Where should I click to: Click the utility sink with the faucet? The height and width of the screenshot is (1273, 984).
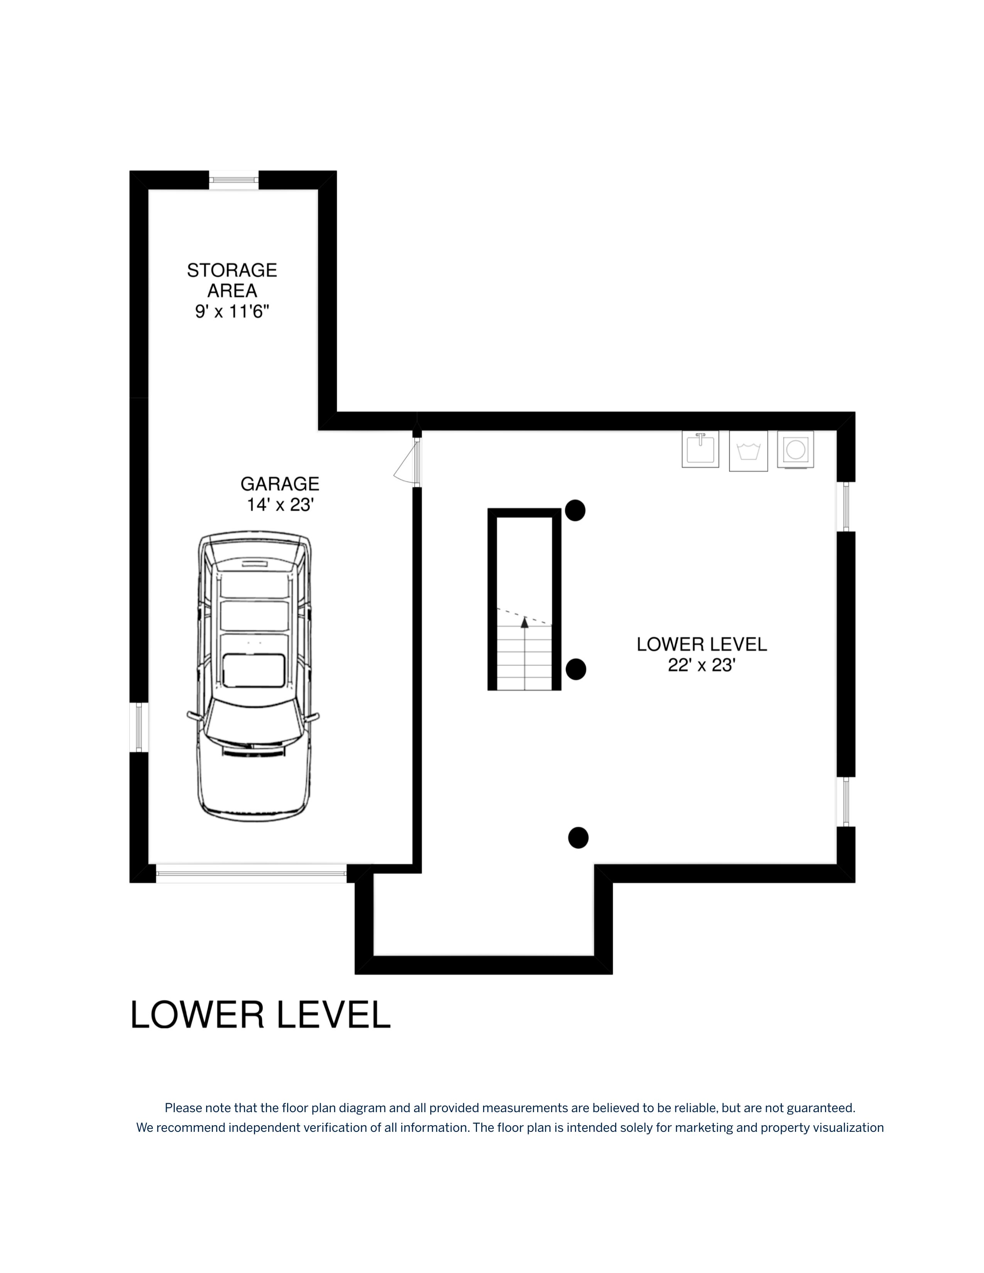point(700,449)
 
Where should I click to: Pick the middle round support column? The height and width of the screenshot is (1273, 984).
point(576,669)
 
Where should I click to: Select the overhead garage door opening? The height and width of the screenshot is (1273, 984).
point(251,873)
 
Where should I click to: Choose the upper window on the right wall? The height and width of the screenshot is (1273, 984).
point(846,506)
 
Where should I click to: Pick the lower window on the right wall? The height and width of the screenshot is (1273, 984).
point(846,802)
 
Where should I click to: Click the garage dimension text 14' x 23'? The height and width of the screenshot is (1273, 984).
point(281,505)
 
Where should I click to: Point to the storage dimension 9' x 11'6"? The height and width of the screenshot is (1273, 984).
point(232,311)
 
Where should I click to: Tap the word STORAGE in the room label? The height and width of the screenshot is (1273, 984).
point(232,270)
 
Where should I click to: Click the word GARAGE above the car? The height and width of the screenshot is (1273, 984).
point(280,484)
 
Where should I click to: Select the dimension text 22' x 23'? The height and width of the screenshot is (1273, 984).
point(702,665)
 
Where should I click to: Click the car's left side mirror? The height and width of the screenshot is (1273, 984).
point(193,716)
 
